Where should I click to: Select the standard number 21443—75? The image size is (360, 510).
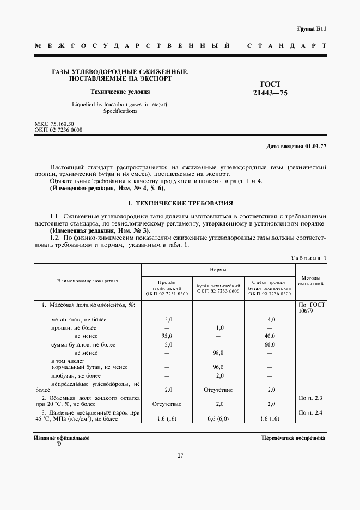pyautogui.click(x=270, y=93)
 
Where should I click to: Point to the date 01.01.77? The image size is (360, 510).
pyautogui.click(x=315, y=147)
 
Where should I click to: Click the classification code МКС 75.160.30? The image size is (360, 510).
pyautogui.click(x=54, y=124)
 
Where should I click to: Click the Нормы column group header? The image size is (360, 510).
pyautogui.click(x=218, y=270)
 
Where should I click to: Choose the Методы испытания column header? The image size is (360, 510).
pyautogui.click(x=311, y=281)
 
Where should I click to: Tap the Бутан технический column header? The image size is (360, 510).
pyautogui.click(x=218, y=288)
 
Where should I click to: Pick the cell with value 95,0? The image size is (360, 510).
pyautogui.click(x=168, y=336)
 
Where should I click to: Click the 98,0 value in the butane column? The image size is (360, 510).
pyautogui.click(x=218, y=353)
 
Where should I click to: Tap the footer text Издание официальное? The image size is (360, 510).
pyautogui.click(x=61, y=438)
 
